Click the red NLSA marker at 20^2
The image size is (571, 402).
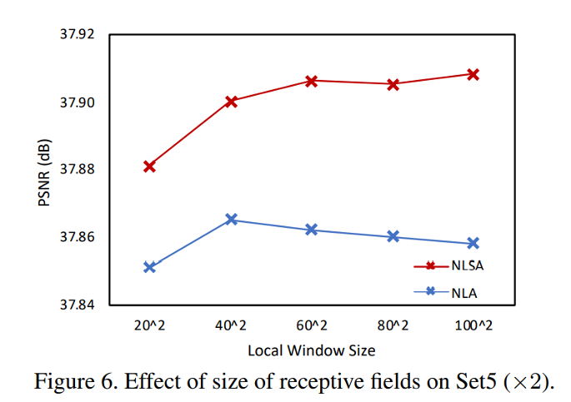tap(150, 166)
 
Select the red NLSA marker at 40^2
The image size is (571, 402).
tap(231, 101)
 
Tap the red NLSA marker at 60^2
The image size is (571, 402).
tap(312, 81)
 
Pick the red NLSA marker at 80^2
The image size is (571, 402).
tap(393, 84)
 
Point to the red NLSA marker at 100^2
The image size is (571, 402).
tap(473, 74)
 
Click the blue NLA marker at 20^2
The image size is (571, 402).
tap(150, 267)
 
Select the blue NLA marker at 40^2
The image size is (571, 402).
tap(231, 220)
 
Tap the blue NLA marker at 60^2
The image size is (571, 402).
tap(312, 230)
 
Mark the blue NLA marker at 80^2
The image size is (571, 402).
tap(393, 236)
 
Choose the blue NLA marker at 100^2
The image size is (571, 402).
tap(473, 243)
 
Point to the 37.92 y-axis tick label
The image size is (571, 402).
tap(78, 35)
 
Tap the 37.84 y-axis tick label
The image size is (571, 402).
tap(78, 305)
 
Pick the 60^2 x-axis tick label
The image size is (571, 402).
tap(312, 325)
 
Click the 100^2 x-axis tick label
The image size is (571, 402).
tap(473, 325)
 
